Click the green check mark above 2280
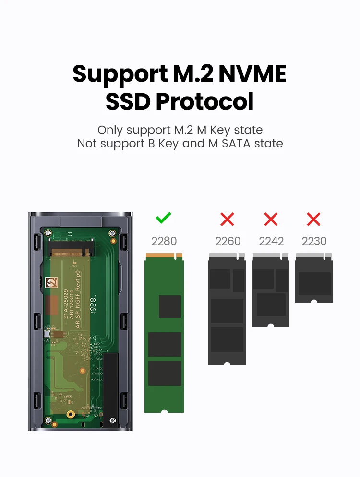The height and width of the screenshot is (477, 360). coord(164,219)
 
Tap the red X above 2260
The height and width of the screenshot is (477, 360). coord(227,220)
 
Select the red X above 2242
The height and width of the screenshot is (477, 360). coord(271,220)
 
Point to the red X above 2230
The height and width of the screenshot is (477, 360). coord(313,220)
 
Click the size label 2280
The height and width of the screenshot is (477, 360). coord(164,241)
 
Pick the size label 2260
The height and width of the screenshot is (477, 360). coord(228,241)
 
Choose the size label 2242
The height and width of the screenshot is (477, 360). coord(271,241)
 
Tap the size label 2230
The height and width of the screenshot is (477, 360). coord(314,241)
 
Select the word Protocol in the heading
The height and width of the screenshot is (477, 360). coord(205,101)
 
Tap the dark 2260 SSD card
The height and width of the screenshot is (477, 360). coord(227,312)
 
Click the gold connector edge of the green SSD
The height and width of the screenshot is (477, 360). coord(164,256)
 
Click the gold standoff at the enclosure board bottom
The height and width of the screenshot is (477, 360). coord(71,414)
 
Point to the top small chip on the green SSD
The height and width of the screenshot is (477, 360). coord(170,306)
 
